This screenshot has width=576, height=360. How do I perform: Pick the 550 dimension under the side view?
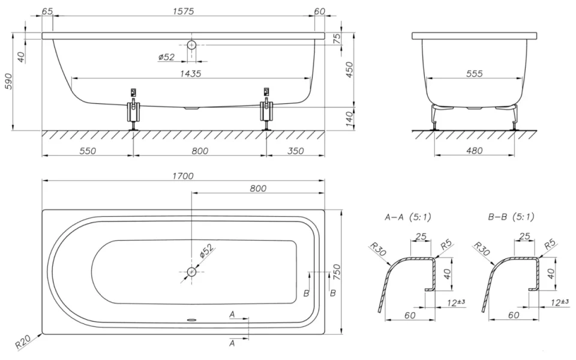pos(88,151)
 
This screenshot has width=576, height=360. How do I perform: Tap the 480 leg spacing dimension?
pos(473,151)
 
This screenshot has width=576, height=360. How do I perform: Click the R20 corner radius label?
pos(23,343)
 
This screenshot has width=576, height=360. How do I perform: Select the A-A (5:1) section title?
pos(407,217)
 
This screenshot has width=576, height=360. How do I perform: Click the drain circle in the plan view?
pos(191,272)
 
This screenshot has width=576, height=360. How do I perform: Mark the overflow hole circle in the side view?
pos(191,45)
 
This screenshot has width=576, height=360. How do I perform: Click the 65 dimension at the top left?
pos(48,11)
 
